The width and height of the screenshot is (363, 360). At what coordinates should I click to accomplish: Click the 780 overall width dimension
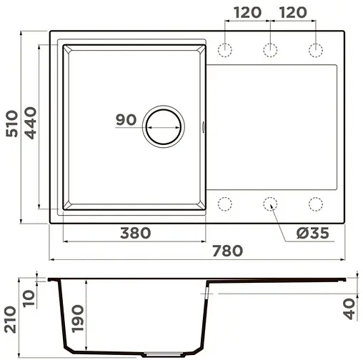228,250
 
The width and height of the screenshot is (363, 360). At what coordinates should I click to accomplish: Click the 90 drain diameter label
126,120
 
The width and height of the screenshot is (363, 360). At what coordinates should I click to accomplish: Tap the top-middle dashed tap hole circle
270,49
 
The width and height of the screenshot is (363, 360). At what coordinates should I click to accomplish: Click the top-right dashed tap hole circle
315,49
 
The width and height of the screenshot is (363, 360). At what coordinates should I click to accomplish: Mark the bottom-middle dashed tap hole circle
270,204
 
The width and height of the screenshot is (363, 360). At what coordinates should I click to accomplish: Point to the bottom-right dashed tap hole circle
315,204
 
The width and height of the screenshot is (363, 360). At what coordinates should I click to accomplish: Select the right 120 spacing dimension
293,12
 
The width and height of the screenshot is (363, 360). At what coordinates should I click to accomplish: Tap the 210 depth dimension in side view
11,321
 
